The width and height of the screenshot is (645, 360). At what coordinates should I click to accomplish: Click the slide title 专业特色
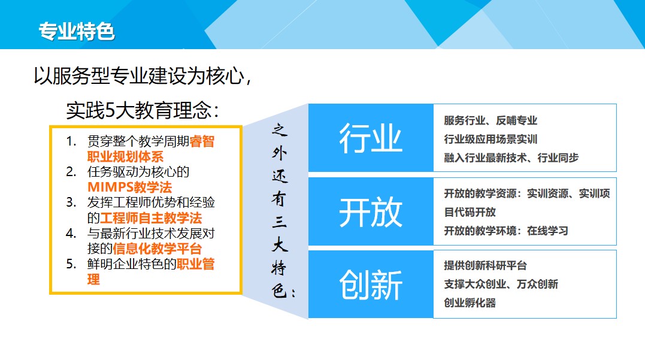pos(77,31)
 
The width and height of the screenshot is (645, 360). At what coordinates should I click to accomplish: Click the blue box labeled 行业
pos(371,138)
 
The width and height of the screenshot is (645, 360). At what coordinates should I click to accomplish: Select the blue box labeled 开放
pos(371,211)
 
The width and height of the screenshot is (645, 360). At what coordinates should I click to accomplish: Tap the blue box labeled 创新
pos(371,285)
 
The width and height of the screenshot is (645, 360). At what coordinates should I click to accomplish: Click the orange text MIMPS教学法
pos(129,187)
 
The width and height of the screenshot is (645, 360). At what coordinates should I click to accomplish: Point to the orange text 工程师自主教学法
pos(151,218)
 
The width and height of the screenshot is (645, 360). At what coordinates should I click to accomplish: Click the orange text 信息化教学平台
pos(157,249)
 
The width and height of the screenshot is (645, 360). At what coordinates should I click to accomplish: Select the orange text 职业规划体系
pos(125,157)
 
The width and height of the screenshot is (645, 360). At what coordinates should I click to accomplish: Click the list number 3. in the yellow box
pos(71,202)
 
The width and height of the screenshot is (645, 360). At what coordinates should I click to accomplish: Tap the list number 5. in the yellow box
pos(71,264)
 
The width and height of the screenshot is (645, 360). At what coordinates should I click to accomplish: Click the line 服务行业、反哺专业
pos(490,120)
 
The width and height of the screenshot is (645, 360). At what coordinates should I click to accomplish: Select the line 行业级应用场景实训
pos(490,139)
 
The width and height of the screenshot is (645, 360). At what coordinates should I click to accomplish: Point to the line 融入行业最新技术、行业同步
pos(511,158)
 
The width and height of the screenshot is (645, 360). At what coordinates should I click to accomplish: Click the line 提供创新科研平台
pos(485,265)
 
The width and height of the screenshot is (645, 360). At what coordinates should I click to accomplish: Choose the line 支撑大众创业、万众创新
pos(501,284)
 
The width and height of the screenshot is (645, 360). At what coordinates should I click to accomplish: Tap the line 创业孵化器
pos(470,303)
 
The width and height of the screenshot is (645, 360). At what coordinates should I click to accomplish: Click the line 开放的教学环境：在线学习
pos(506,231)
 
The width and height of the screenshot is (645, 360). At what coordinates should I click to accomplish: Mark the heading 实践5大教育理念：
pos(143,110)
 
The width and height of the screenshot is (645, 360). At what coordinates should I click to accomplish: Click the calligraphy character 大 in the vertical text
pos(279,245)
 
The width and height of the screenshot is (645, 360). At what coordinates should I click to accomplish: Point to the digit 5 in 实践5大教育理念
pos(110,110)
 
